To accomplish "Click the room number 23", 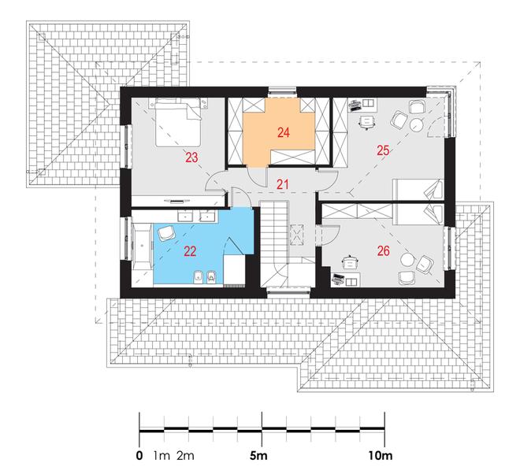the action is pos(191,157).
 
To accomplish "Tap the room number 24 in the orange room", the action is pos(284,132).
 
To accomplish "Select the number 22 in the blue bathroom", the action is pos(190,252).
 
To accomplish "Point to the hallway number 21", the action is pos(282,184).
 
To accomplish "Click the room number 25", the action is pos(383,150).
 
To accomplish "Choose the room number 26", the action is pos(383,251).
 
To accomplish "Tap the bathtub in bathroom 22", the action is pos(143,246).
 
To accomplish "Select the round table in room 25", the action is pos(416,125).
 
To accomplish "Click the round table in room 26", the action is pos(407,260).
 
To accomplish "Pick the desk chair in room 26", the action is pos(350,262).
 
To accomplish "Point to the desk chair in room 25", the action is pos(366,121).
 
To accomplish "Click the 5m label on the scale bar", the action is pos(258,456).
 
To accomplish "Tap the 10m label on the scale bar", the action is pos(380,456).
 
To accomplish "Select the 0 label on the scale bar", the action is pos(139,456).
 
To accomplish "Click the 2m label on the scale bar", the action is pos(185,456).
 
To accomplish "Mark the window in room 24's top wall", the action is pos(282,92).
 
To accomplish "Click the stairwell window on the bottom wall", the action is pos(288,292).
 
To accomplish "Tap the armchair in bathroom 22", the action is pos(165,233).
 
